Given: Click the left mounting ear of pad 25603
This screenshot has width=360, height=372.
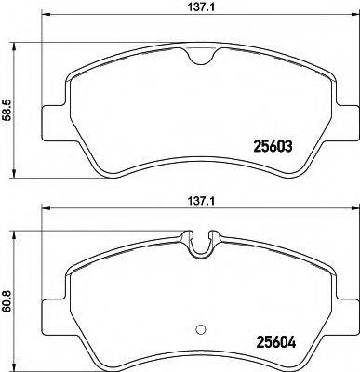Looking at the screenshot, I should (x=52, y=122).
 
